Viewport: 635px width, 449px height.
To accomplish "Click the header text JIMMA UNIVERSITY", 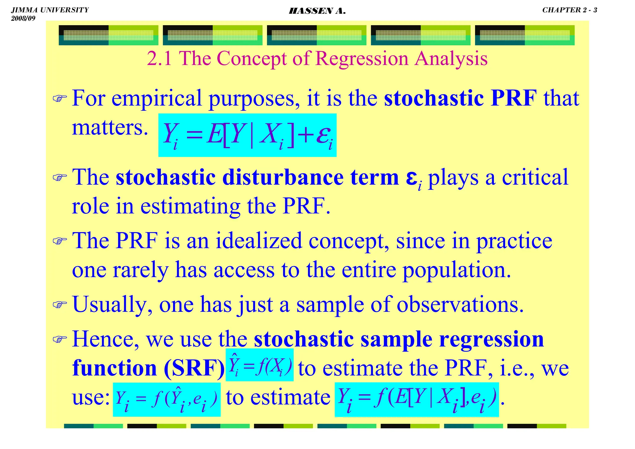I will pos(50,10).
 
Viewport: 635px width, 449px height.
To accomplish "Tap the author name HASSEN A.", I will pos(317,11).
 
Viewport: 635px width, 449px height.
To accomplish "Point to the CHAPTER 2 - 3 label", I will pos(569,10).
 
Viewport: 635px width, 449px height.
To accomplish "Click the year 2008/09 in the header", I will pos(23,18).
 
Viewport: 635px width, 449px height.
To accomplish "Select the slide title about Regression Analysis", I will pos(317,58).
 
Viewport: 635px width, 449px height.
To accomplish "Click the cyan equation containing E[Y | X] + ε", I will pos(247,135).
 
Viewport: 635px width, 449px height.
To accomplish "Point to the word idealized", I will pos(259,241).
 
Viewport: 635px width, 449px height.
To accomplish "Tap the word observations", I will pos(460,305).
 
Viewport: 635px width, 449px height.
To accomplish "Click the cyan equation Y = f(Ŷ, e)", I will pos(167,399).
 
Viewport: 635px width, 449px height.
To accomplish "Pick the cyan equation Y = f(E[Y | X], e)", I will pos(416,399).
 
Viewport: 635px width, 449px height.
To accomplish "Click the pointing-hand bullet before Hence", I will pos(60,339).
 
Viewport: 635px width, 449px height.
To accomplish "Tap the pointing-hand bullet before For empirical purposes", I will pos(60,99).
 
